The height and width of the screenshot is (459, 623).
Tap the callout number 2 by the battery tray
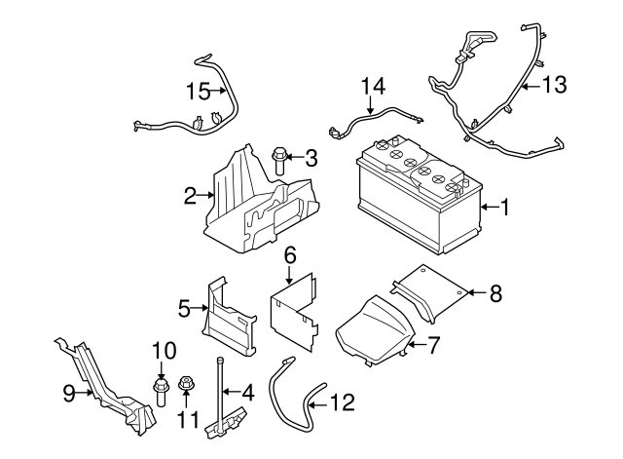pyautogui.click(x=190, y=197)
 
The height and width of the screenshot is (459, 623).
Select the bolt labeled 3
pyautogui.click(x=280, y=158)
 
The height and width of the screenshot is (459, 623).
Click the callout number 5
pyautogui.click(x=184, y=309)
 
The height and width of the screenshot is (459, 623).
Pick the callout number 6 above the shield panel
pyautogui.click(x=289, y=255)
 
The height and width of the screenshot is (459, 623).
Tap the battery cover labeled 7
pyautogui.click(x=375, y=328)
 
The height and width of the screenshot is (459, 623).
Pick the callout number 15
pyautogui.click(x=199, y=92)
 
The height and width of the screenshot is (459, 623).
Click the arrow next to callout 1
pyautogui.click(x=486, y=207)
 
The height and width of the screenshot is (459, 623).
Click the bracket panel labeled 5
pyautogui.click(x=229, y=317)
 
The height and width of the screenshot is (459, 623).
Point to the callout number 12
pyautogui.click(x=342, y=401)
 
